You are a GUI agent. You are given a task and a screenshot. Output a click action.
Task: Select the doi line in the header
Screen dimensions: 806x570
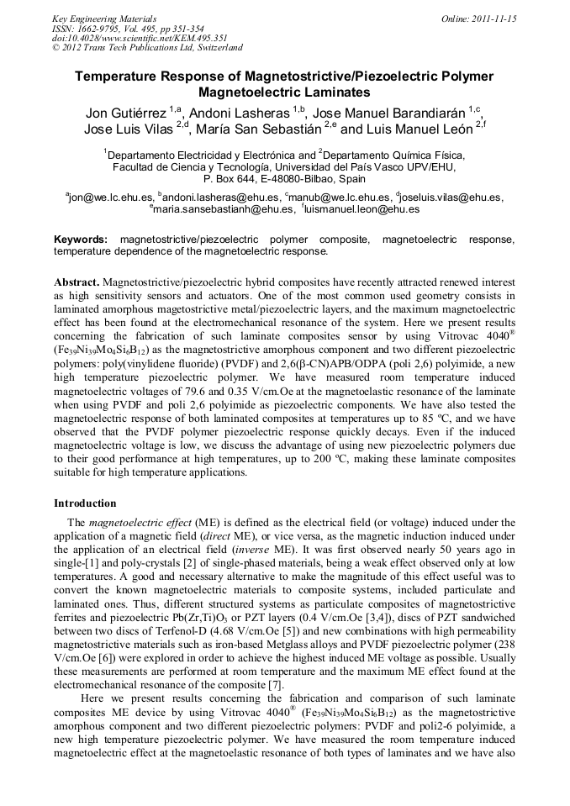tap(140, 38)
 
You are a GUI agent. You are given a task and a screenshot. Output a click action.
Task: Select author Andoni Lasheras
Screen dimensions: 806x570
tap(239, 113)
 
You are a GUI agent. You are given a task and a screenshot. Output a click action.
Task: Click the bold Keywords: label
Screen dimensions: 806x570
tap(81, 240)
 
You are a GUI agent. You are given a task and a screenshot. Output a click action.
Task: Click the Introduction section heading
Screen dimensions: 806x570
tap(85, 503)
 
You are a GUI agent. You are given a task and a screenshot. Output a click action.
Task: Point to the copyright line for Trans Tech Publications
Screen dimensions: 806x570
tap(147, 48)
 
